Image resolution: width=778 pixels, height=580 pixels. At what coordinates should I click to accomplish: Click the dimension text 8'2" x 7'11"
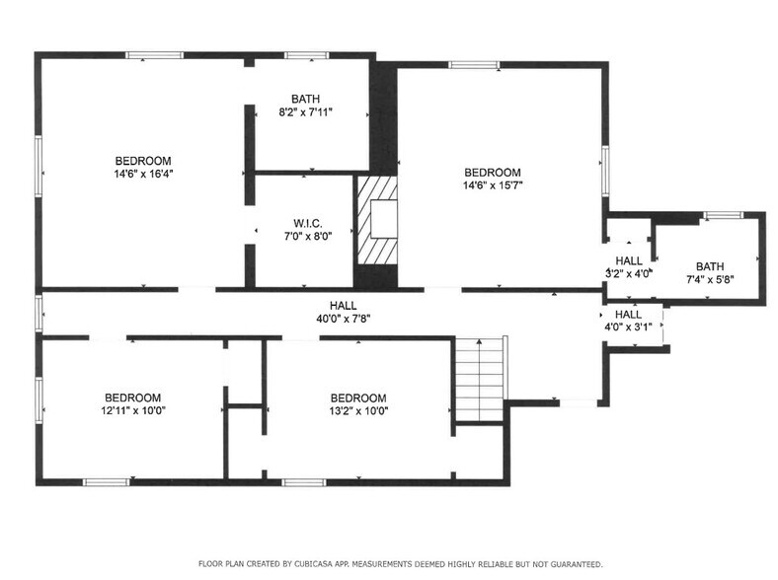[305, 111]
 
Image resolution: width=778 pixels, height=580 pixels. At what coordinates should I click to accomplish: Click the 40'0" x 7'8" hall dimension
[344, 319]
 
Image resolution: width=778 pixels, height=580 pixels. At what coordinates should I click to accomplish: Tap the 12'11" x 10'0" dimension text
[132, 411]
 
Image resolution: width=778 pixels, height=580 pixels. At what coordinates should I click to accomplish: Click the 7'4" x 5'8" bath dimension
[709, 279]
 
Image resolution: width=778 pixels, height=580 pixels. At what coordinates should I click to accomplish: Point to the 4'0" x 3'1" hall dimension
[628, 326]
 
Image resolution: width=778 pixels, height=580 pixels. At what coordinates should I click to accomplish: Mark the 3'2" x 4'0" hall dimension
[628, 273]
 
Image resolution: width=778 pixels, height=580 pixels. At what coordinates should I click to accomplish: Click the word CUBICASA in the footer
[318, 564]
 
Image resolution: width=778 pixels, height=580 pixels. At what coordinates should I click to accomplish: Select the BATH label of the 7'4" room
[709, 266]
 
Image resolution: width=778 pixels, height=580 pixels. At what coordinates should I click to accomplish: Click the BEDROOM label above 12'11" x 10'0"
[132, 399]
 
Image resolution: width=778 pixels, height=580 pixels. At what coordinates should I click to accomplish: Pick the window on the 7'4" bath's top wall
[722, 214]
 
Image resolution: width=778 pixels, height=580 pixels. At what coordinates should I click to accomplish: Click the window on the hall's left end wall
[39, 311]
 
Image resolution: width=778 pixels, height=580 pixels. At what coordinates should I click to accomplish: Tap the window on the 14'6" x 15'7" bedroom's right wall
[604, 164]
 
